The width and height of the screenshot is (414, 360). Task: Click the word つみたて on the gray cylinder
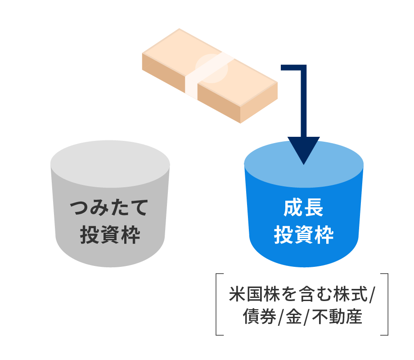109,208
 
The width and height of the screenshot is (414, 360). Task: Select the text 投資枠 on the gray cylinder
110,235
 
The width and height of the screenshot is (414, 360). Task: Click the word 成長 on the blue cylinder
304,208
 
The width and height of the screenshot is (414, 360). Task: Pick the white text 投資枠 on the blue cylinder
304,235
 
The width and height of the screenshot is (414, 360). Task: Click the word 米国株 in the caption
255,294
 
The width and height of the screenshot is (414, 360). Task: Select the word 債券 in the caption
260,316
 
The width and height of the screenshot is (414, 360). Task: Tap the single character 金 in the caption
294,316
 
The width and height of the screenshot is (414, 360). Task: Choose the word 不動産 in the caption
337,316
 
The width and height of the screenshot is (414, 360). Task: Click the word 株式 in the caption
351,294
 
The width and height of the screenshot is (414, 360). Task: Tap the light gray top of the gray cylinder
110,164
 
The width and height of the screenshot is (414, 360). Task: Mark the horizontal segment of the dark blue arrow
293,67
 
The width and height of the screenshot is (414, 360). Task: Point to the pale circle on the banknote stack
211,68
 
